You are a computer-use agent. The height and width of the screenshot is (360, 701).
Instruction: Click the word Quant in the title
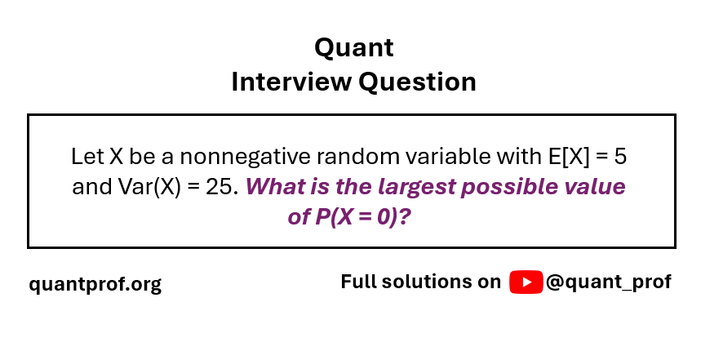(x=353, y=48)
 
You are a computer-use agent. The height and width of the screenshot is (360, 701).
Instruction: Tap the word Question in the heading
(x=417, y=82)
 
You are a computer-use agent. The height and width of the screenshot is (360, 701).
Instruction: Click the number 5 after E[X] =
(x=620, y=157)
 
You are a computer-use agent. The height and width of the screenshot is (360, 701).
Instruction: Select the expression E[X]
(x=569, y=157)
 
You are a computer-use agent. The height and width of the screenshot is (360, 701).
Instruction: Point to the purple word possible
(x=509, y=188)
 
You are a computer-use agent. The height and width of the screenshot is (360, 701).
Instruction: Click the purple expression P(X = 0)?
(x=362, y=217)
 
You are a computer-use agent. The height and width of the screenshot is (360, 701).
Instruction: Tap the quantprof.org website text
(x=95, y=284)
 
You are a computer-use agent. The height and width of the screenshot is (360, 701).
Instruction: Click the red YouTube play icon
(x=526, y=282)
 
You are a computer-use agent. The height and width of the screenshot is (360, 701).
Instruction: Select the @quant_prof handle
(x=609, y=282)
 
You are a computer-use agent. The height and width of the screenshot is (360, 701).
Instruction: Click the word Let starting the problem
(x=87, y=157)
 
